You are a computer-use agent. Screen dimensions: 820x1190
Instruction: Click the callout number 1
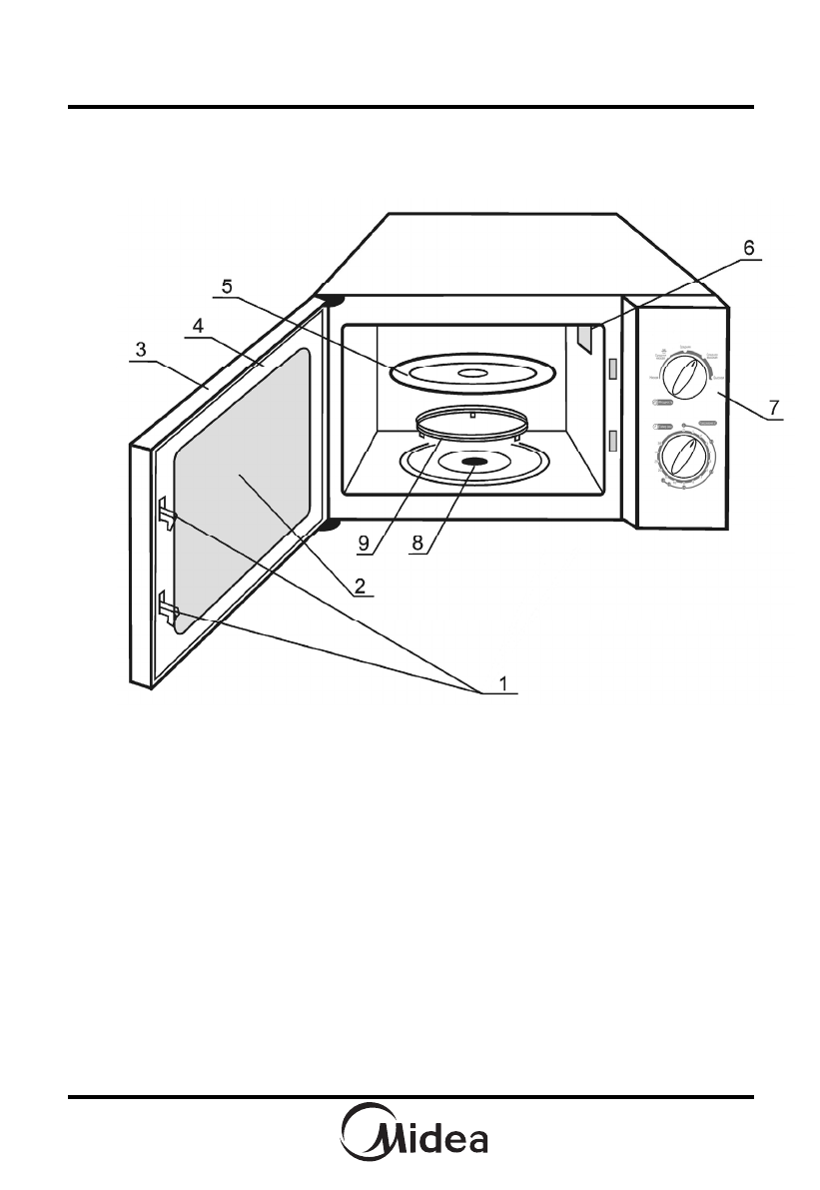click(504, 683)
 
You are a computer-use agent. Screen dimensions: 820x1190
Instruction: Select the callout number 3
click(142, 351)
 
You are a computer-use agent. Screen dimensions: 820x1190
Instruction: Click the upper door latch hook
click(166, 515)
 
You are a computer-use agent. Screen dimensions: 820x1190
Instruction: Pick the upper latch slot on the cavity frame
click(613, 370)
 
